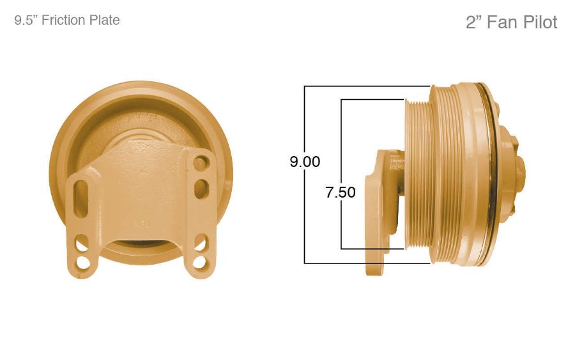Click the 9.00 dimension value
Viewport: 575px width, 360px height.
click(305, 162)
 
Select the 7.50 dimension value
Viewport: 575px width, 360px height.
click(341, 192)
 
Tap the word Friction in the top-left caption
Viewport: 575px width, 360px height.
click(63, 20)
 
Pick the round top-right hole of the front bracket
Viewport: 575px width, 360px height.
click(201, 164)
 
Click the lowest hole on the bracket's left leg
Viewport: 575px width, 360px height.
click(82, 263)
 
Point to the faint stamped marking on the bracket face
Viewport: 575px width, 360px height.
click(141, 224)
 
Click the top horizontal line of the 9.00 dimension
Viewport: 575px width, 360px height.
click(367, 86)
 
